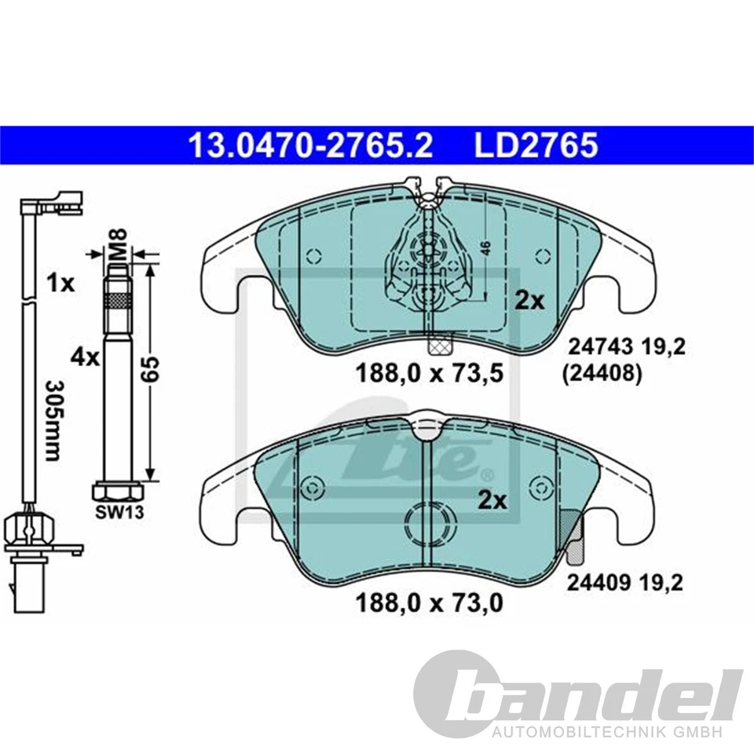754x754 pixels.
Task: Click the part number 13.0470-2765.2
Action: [x=309, y=145]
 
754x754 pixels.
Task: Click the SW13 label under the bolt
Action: [x=118, y=514]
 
